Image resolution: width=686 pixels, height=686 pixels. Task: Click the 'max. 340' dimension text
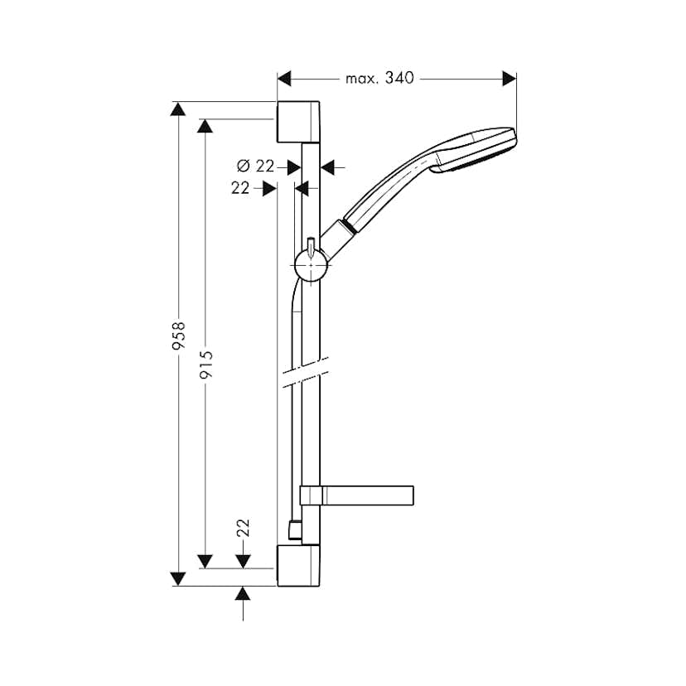[x=379, y=79]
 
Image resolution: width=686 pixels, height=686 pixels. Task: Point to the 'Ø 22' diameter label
[x=255, y=167]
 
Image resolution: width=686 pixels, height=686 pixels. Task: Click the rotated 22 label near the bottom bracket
[x=243, y=529]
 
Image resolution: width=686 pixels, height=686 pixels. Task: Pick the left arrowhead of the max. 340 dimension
[x=285, y=79]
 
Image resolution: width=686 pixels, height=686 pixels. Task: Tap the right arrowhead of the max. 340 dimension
[x=509, y=79]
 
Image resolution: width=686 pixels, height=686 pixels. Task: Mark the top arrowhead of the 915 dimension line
[x=206, y=126]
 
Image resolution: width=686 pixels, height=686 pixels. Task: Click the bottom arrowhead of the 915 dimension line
[x=206, y=561]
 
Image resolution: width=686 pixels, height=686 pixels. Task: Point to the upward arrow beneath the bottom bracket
[x=243, y=594]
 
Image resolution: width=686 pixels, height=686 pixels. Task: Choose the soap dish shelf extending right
[x=369, y=495]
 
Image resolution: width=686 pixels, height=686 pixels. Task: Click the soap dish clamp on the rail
[x=311, y=495]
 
